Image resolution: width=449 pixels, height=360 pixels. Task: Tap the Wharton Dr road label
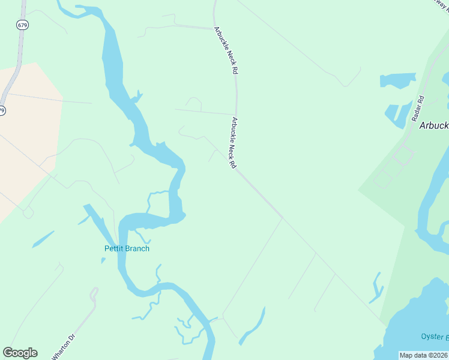64,347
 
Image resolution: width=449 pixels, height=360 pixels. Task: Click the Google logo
20,353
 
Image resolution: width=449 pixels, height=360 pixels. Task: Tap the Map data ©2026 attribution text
423,355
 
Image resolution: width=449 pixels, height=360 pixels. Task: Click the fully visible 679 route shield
23,25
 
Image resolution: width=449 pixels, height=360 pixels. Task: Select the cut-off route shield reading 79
2,110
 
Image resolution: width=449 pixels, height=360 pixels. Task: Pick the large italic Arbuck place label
433,126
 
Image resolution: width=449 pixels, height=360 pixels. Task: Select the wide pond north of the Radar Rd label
397,80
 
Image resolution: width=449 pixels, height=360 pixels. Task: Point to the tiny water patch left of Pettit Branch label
103,260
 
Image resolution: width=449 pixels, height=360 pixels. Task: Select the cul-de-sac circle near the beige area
28,213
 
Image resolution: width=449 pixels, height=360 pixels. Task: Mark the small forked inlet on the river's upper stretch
139,96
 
